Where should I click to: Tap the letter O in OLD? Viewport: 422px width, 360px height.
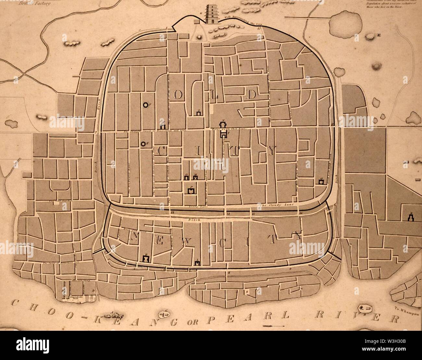(x=178, y=95)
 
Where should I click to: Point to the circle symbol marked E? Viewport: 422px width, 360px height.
(x=143, y=144)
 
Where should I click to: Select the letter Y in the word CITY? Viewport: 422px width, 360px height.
(x=271, y=150)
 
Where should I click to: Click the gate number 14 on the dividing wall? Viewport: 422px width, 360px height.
(x=228, y=213)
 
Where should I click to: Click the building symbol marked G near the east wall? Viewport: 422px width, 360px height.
(x=321, y=182)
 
